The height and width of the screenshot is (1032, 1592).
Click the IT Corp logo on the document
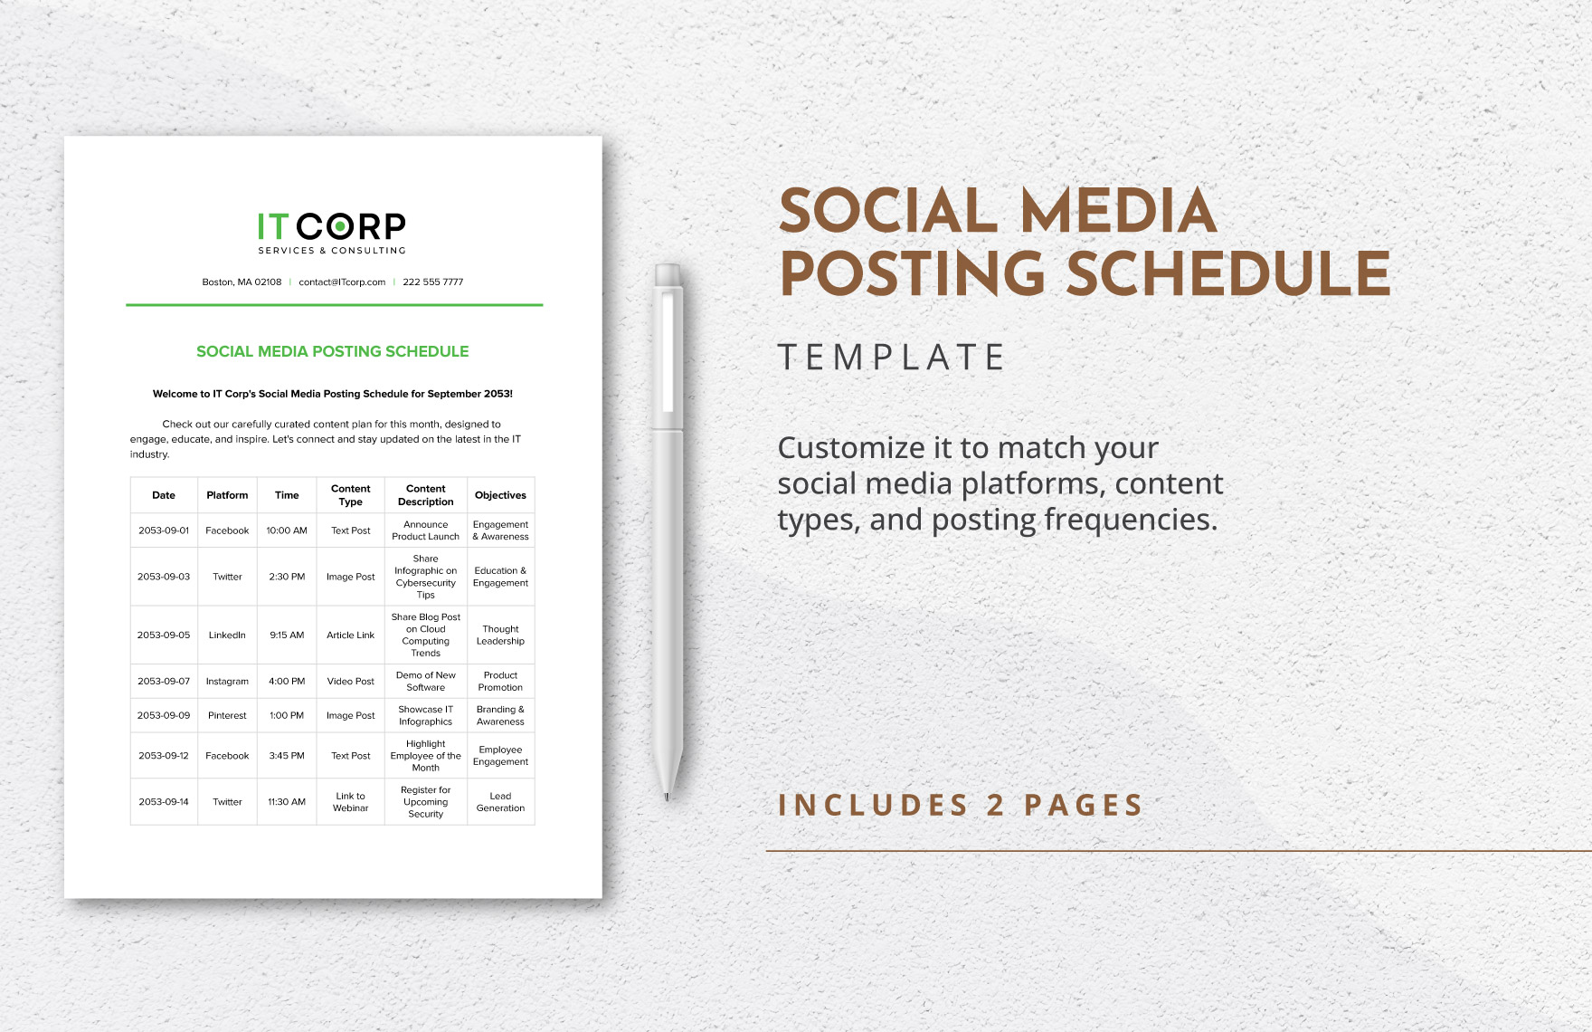tap(332, 232)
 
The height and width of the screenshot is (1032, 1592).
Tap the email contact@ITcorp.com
tap(342, 282)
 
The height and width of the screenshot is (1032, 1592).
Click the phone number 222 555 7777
tap(432, 282)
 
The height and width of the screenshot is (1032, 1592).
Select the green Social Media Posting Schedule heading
tap(332, 351)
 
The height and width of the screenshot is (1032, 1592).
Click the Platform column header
tap(227, 495)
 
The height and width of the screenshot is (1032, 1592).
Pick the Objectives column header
tap(500, 495)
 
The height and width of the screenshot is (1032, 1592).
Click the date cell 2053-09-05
tap(164, 635)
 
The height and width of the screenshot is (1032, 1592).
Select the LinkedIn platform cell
tap(227, 635)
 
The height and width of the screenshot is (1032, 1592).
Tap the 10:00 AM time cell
tap(287, 530)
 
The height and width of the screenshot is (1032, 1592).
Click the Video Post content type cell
tap(350, 682)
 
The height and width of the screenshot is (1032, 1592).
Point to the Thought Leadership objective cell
tap(500, 635)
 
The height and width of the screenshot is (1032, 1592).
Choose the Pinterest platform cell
tap(227, 716)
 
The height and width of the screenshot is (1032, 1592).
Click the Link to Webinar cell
tap(350, 802)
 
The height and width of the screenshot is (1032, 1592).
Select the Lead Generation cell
tap(500, 802)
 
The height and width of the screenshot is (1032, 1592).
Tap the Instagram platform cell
tap(227, 682)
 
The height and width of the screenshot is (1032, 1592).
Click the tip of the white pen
tap(667, 796)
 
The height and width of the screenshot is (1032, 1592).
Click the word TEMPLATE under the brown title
tap(891, 358)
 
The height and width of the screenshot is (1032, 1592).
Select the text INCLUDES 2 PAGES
tap(961, 805)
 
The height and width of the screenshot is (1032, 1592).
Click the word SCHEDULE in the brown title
tap(1228, 274)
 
